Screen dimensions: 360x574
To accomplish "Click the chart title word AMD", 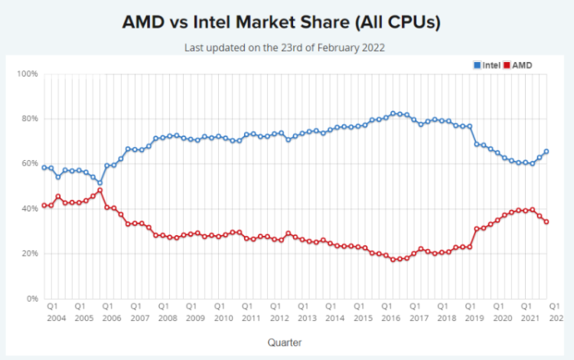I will [x=147, y=22].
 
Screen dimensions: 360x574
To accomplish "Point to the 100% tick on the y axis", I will [x=28, y=74].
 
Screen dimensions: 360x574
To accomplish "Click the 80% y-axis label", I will [x=29, y=119].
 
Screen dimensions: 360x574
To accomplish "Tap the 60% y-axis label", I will [x=29, y=164].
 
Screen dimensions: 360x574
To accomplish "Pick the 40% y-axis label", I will [x=29, y=208].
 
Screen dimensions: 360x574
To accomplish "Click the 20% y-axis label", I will [x=29, y=254].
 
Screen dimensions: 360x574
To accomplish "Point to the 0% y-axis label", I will [x=31, y=299].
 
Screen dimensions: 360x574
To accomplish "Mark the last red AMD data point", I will [x=546, y=221].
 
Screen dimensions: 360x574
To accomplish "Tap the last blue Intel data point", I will [x=546, y=151].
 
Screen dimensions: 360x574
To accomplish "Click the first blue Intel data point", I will [x=44, y=167].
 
